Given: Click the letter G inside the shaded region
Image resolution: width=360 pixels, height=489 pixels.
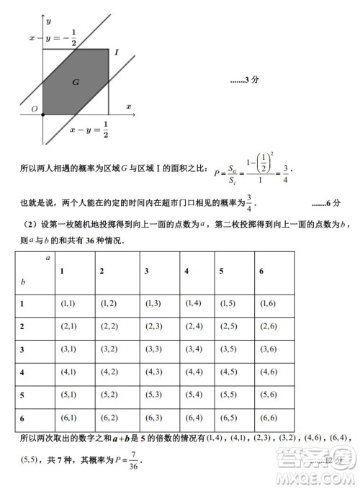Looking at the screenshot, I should pos(75,82).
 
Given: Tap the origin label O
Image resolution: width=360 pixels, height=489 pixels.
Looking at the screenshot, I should pos(33,109).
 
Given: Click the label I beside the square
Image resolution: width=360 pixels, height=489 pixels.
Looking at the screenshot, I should pos(116,53).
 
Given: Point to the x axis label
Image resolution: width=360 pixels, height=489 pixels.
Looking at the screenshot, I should pos(129,106).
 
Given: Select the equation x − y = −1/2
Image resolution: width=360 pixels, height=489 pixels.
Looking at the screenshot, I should pos(53,40).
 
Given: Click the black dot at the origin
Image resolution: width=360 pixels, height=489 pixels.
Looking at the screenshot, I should pos(42,114).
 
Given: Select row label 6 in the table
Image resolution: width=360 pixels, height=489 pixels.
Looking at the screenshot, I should pos(22,417).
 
